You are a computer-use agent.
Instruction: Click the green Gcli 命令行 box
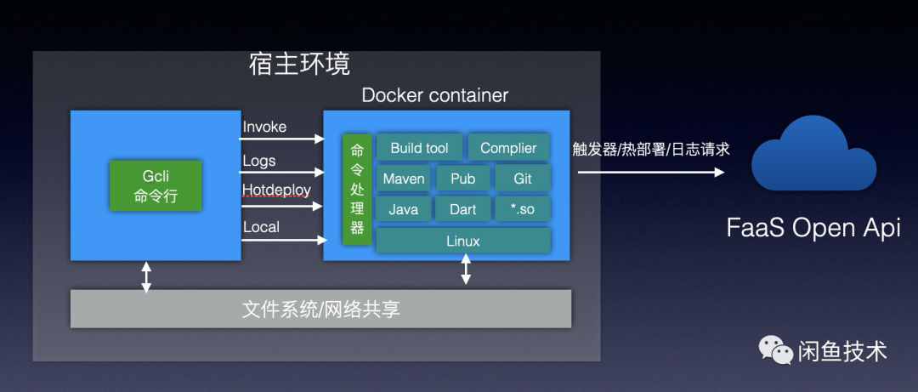pos(156,185)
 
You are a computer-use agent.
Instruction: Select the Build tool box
pos(419,148)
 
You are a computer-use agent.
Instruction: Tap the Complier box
pos(508,148)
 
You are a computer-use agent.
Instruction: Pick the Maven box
pos(403,179)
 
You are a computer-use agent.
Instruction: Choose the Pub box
pos(462,179)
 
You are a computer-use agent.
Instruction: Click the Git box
pos(523,179)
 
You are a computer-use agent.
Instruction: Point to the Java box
pos(403,209)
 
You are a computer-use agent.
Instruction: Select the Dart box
pos(462,209)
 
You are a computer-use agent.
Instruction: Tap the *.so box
pos(523,209)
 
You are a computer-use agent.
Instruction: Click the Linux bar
pos(462,241)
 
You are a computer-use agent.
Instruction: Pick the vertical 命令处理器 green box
pos(357,189)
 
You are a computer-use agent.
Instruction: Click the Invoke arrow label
pos(264,127)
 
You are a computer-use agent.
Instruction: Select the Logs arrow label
pos(259,161)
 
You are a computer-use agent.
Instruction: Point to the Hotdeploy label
pos(276,189)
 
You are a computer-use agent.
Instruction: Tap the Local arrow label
pos(261,226)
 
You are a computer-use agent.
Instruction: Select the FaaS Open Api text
pos(813,228)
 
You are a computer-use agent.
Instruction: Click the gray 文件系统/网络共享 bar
pos(320,309)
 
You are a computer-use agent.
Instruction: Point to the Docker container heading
pos(434,95)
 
